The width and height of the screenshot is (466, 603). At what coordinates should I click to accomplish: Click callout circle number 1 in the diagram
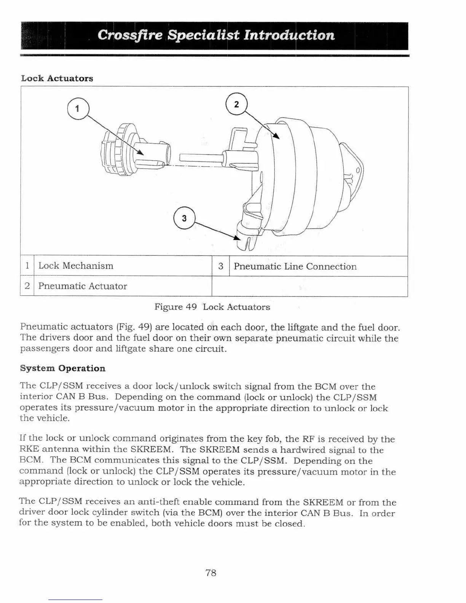77,109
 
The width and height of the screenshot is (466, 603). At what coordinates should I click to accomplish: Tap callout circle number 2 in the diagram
236,104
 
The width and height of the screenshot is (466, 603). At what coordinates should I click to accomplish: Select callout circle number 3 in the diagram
184,219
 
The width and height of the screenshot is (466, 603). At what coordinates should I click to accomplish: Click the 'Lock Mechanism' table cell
76,266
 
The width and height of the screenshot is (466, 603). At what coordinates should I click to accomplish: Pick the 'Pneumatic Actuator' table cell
83,286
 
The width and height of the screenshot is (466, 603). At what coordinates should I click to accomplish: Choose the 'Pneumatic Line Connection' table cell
295,266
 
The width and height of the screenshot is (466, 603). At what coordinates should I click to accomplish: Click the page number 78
211,573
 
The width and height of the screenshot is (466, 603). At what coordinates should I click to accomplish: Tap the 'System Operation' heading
62,368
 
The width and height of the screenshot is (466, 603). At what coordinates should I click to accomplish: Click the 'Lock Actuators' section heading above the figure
57,78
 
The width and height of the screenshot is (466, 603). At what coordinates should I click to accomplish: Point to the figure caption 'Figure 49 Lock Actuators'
212,307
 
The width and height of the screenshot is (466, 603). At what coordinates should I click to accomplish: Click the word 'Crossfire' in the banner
130,35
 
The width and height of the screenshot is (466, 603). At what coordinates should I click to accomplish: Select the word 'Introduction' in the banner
289,35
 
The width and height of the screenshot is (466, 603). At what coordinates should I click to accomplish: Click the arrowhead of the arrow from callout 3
238,238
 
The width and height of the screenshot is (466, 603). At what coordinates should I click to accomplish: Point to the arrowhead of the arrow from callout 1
141,153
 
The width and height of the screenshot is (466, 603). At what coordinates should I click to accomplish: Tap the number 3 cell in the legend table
220,266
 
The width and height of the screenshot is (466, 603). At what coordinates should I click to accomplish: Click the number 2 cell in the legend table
27,286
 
